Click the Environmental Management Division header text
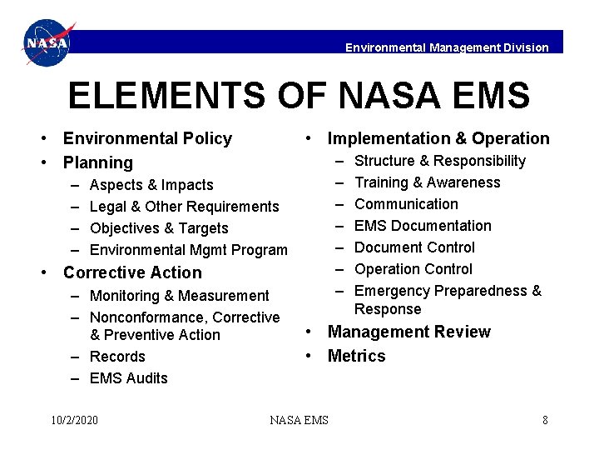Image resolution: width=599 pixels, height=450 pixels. point(447,47)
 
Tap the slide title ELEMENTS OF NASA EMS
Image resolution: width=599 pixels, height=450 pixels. point(299,96)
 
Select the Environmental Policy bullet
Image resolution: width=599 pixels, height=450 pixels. point(147,138)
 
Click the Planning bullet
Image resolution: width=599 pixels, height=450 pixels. point(97,162)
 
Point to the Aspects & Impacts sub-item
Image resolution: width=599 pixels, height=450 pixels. point(151,185)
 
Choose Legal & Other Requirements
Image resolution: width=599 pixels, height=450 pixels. point(184,207)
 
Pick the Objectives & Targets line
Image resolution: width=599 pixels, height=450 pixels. point(159,228)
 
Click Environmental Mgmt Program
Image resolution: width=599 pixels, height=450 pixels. point(188,250)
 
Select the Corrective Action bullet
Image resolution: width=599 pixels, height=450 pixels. point(132,272)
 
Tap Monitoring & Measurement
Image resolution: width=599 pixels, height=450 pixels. point(179,296)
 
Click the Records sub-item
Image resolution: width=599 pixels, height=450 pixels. point(117,357)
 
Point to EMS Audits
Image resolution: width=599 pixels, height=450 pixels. point(128,378)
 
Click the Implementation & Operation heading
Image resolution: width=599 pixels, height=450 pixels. point(438,138)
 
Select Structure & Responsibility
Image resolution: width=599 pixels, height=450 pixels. point(440,161)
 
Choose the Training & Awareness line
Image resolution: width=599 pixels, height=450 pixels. point(428,182)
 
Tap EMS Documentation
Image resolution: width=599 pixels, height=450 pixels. point(423,226)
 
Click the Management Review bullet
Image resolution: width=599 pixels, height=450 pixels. point(408,332)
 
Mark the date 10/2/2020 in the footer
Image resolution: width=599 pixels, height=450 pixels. point(74,420)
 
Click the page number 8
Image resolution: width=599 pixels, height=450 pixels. point(545,420)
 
